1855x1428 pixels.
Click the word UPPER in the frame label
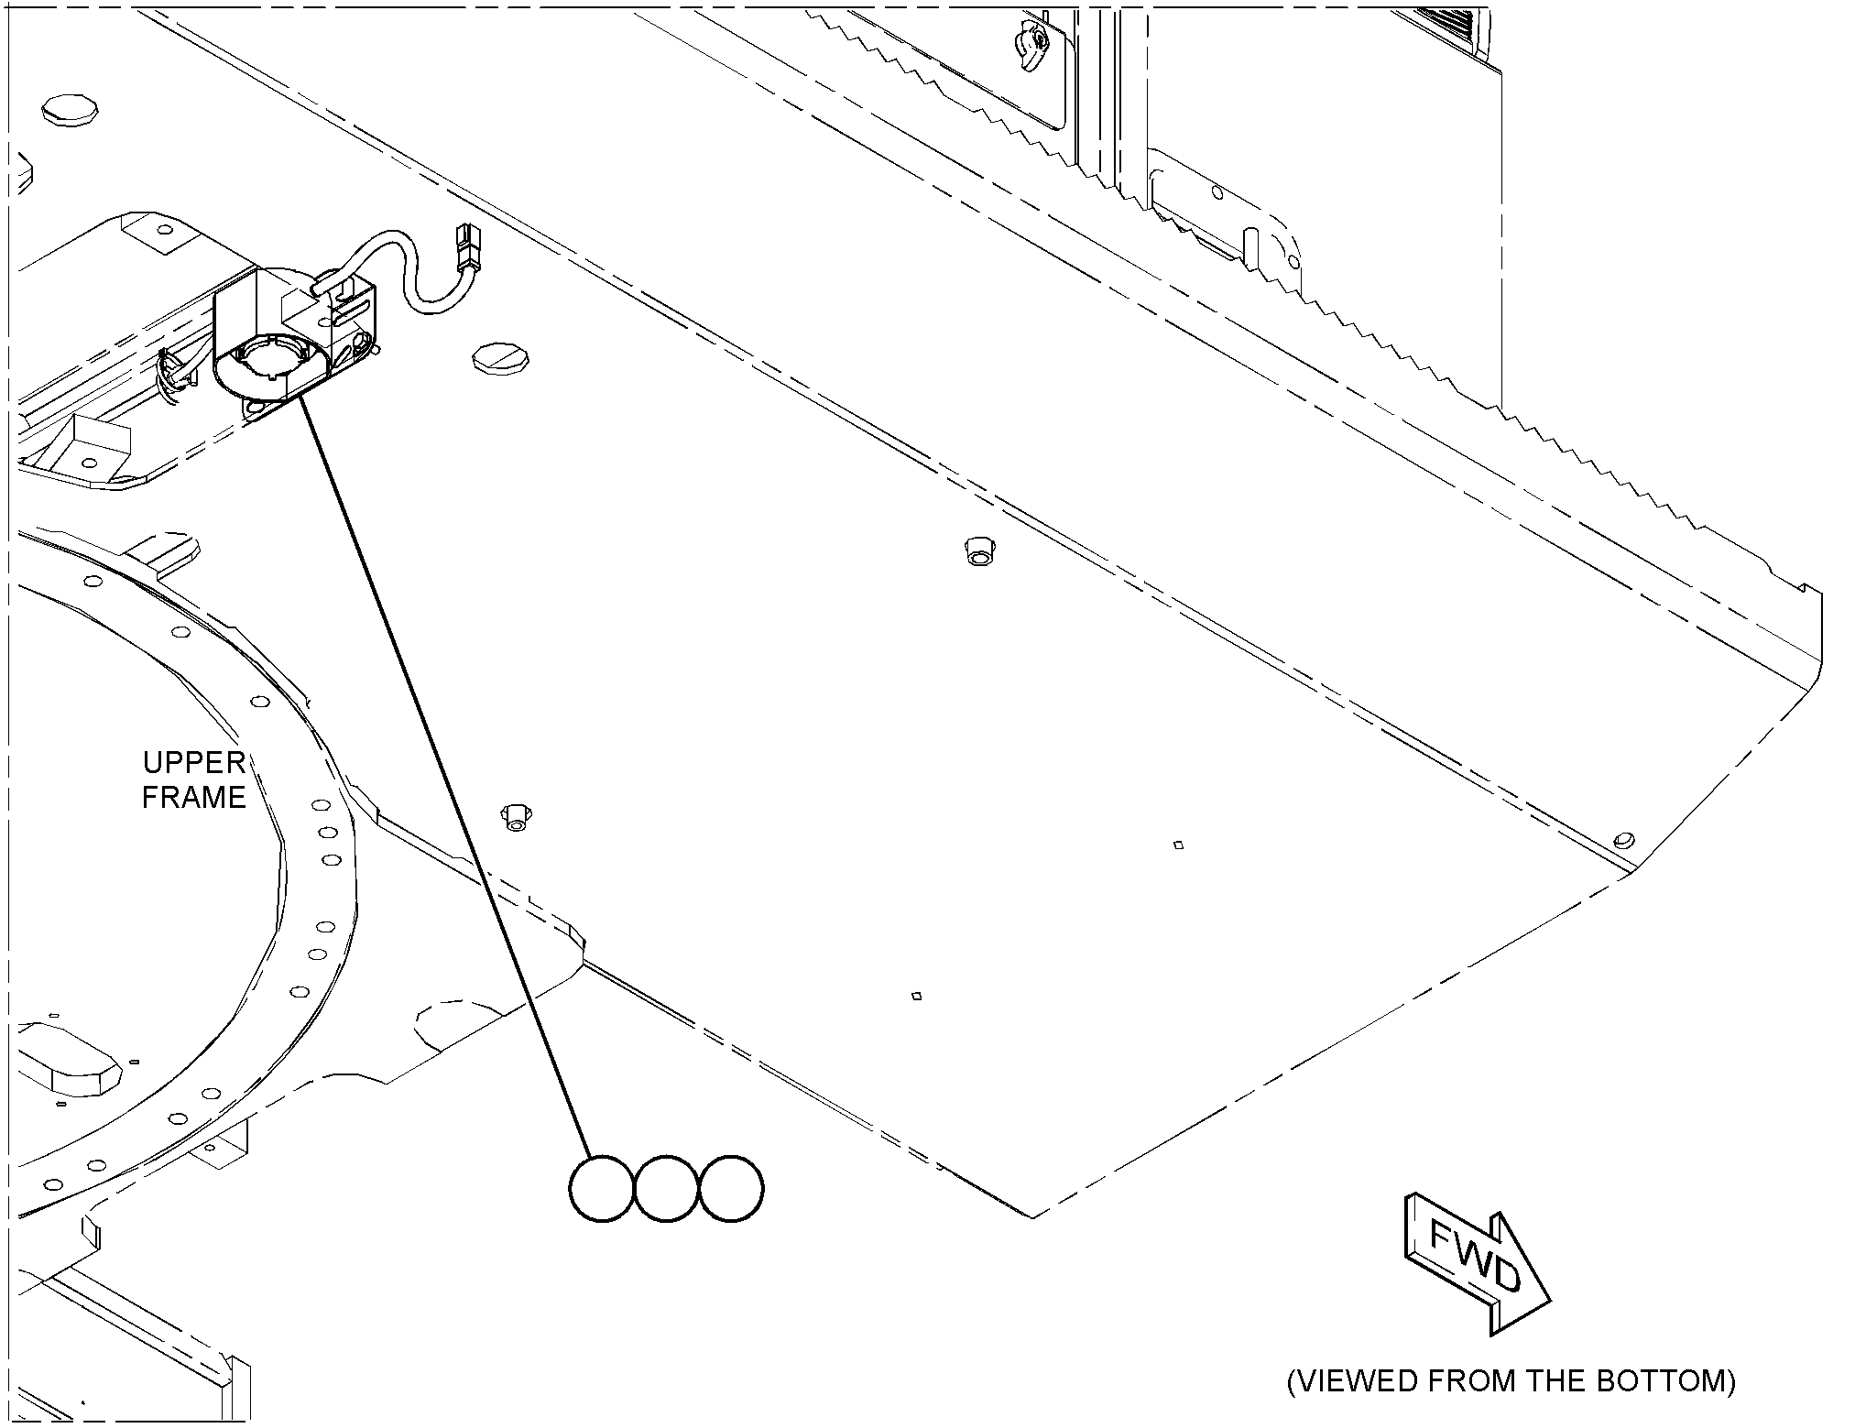click(193, 762)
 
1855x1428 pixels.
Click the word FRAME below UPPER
click(193, 798)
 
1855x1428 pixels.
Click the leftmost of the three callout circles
click(601, 1189)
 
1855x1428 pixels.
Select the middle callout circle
click(666, 1189)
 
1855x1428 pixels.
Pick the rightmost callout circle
click(731, 1189)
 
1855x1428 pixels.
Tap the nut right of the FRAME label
click(515, 817)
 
